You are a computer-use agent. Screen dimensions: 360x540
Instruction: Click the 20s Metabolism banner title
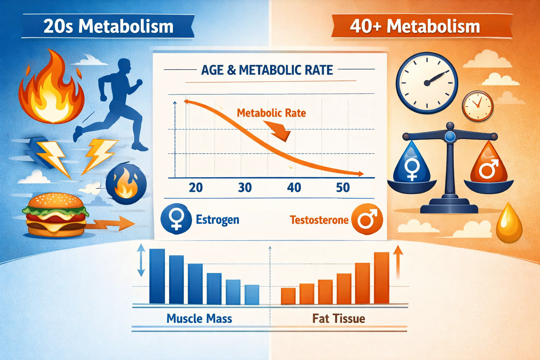tap(108, 27)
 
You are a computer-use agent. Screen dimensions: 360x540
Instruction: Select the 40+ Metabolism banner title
tap(415, 27)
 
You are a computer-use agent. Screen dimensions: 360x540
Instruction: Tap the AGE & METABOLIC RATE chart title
tap(267, 70)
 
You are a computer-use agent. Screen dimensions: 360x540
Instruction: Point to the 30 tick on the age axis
tap(245, 188)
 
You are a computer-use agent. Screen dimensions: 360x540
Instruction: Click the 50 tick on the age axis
tap(343, 188)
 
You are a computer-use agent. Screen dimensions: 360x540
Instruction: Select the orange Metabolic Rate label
tap(271, 113)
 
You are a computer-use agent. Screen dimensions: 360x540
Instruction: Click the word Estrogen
tap(217, 220)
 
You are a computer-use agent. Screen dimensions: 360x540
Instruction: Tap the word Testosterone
tap(319, 220)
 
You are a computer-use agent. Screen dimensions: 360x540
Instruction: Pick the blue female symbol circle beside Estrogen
tap(176, 219)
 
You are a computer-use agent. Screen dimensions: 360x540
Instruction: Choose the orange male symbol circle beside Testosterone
tap(367, 219)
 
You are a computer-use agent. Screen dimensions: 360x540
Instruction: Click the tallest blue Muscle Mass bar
tap(157, 276)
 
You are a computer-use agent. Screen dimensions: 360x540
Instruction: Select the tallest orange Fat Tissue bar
tap(381, 278)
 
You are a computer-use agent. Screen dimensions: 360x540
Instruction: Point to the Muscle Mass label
tap(199, 319)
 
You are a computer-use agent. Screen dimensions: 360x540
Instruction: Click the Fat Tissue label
tap(339, 319)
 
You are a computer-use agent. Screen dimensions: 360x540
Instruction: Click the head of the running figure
tap(124, 66)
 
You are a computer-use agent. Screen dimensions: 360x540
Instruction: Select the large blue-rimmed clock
tap(427, 83)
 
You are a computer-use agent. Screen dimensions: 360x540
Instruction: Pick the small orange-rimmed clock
tap(477, 106)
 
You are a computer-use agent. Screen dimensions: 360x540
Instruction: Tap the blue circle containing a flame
tap(126, 184)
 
